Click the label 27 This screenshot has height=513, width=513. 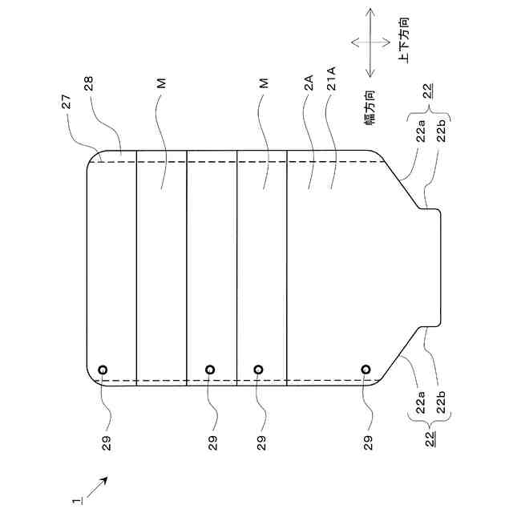[x=67, y=102]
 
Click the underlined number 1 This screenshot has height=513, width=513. [x=76, y=499]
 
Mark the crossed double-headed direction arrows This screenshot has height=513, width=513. [x=369, y=42]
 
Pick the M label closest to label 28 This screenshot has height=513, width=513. [x=160, y=83]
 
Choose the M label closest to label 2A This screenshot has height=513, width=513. [x=263, y=83]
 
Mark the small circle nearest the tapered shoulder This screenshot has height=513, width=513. [x=366, y=369]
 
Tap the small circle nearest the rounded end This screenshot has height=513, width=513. [x=103, y=369]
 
